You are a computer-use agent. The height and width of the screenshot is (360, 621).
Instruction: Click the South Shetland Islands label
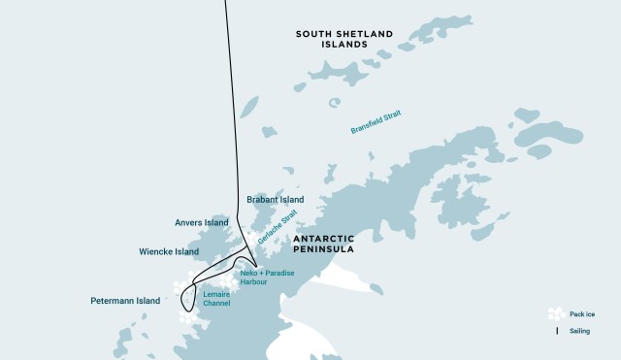click(344, 39)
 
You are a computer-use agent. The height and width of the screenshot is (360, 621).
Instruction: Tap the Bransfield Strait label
click(376, 121)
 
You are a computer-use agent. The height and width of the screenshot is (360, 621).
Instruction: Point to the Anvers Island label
click(202, 221)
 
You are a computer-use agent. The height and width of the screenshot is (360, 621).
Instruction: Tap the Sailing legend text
click(581, 331)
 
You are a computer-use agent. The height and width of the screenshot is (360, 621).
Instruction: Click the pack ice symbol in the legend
click(555, 313)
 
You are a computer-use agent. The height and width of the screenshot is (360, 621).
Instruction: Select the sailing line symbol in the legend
click(556, 331)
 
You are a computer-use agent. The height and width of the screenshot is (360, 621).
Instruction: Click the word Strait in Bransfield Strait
click(391, 115)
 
